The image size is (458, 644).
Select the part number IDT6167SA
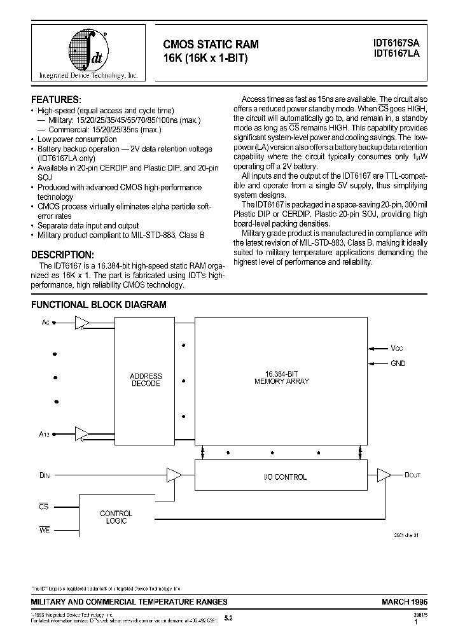coord(396,43)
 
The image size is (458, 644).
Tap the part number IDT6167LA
coord(396,55)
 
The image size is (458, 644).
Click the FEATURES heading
coord(56,100)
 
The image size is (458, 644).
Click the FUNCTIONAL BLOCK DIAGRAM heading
coord(99,305)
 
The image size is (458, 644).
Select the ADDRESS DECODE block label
coord(146,380)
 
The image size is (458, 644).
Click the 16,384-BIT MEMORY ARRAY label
coord(281,377)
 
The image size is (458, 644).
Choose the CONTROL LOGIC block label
coord(116,517)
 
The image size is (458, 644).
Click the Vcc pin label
coord(397,348)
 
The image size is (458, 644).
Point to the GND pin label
coord(398,363)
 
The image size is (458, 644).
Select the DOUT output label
coord(412,475)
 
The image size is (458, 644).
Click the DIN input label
coord(45,475)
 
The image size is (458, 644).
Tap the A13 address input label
coord(45,434)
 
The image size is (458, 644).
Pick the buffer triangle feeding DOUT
coord(384,475)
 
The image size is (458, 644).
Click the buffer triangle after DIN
coord(173,475)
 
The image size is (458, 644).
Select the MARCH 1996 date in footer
coord(405,601)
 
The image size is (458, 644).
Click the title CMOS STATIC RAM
coord(211,44)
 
